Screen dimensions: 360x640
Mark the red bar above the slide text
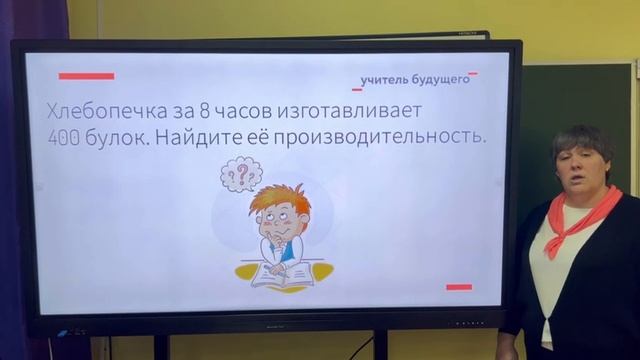pyautogui.click(x=86, y=76)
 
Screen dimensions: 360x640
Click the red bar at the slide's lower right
pyautogui.click(x=458, y=287)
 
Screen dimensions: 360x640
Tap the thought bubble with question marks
pyautogui.click(x=241, y=174)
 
